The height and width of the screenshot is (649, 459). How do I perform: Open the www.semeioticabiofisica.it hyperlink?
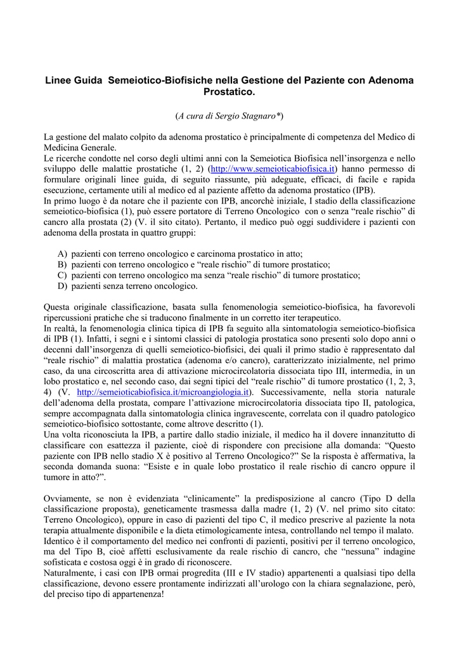(x=273, y=169)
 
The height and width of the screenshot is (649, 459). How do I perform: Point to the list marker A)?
(x=62, y=254)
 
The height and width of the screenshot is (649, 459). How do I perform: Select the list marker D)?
(x=62, y=286)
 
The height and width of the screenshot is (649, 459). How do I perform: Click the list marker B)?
(x=62, y=264)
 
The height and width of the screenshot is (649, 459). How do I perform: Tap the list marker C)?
(x=62, y=275)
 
